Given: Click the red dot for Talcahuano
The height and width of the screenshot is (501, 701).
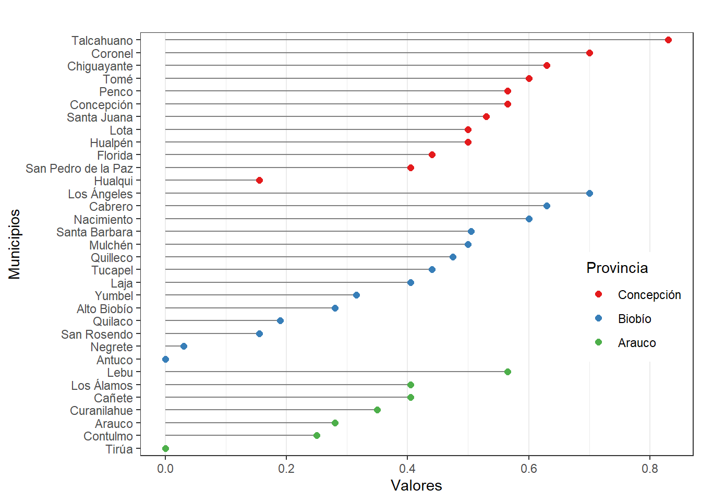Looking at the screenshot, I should point(668,40).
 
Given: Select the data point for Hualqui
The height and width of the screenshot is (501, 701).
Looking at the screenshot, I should point(259,181).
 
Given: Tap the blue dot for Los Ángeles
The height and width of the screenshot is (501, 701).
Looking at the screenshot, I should point(589,194).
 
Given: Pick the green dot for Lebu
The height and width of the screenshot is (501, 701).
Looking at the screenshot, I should point(507,372).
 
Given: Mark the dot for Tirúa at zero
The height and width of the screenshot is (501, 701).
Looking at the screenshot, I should point(165,449).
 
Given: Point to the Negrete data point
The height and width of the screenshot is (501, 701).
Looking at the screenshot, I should point(184,347).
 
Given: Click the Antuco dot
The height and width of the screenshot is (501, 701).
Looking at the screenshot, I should point(165,360).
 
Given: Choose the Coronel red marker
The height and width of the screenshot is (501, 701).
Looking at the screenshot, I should point(589,53).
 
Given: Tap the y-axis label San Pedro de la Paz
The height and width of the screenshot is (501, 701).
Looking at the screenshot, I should point(79,169).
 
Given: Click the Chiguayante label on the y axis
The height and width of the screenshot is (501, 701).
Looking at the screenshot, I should point(100,66).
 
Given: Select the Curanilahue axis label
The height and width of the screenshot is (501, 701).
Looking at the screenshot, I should point(101,411).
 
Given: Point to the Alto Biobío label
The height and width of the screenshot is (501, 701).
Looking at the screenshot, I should point(104,309).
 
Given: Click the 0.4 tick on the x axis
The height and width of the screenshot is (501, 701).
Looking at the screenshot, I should point(407,469).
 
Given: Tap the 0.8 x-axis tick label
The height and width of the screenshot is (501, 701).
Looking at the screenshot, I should point(650,469).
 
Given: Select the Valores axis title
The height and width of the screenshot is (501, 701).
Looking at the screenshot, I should point(416,485).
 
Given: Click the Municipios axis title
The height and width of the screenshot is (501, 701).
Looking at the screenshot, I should point(15,244).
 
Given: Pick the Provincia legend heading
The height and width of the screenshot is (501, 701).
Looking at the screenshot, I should point(617,268).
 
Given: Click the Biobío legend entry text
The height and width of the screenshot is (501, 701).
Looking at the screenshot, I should point(634,319).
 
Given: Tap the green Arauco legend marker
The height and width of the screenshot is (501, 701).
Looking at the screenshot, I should point(598,342).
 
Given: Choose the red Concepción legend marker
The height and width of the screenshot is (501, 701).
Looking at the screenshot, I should point(598,294).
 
